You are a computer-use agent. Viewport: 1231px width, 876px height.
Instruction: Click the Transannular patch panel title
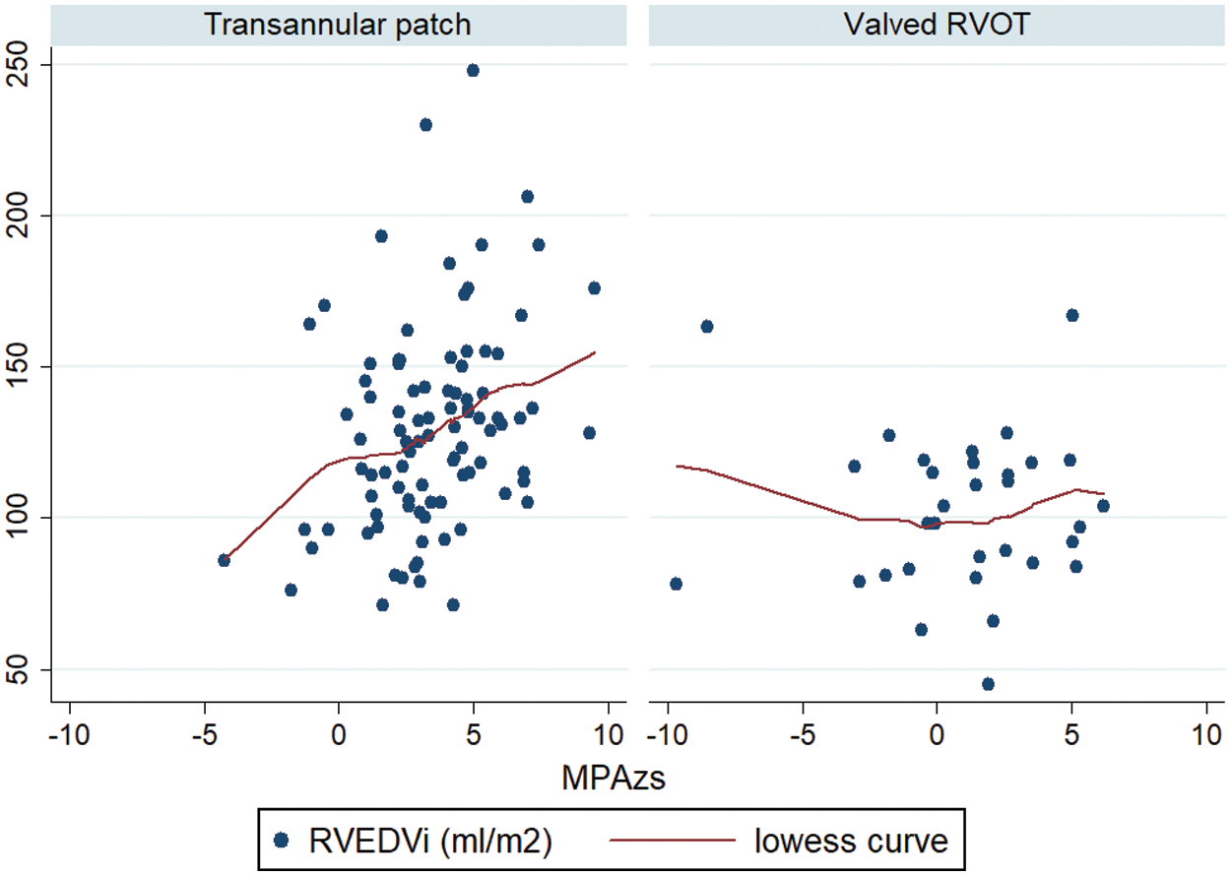click(338, 25)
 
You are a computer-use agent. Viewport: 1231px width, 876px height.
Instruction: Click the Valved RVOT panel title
click(937, 25)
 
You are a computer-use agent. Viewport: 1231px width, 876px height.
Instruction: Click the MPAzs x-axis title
click(614, 779)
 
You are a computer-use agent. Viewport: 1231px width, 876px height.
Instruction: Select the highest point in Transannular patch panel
click(473, 70)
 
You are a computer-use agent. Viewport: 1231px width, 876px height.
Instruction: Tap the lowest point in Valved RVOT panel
click(988, 684)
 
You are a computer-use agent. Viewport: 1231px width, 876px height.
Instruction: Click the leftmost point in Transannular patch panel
click(224, 560)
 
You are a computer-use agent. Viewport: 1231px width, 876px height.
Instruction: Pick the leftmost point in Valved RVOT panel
click(676, 584)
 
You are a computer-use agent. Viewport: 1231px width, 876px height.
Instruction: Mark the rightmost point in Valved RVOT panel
click(1103, 506)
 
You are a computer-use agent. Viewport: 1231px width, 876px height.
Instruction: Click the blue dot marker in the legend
click(281, 840)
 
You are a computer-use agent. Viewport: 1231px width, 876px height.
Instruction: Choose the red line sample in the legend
click(675, 840)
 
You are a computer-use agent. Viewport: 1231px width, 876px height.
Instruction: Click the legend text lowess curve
click(851, 840)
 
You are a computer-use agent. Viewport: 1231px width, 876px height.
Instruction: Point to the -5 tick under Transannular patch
click(205, 736)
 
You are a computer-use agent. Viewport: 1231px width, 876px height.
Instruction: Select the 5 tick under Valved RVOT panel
click(1071, 736)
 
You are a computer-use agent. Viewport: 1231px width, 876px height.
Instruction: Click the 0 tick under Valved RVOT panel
click(937, 736)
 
